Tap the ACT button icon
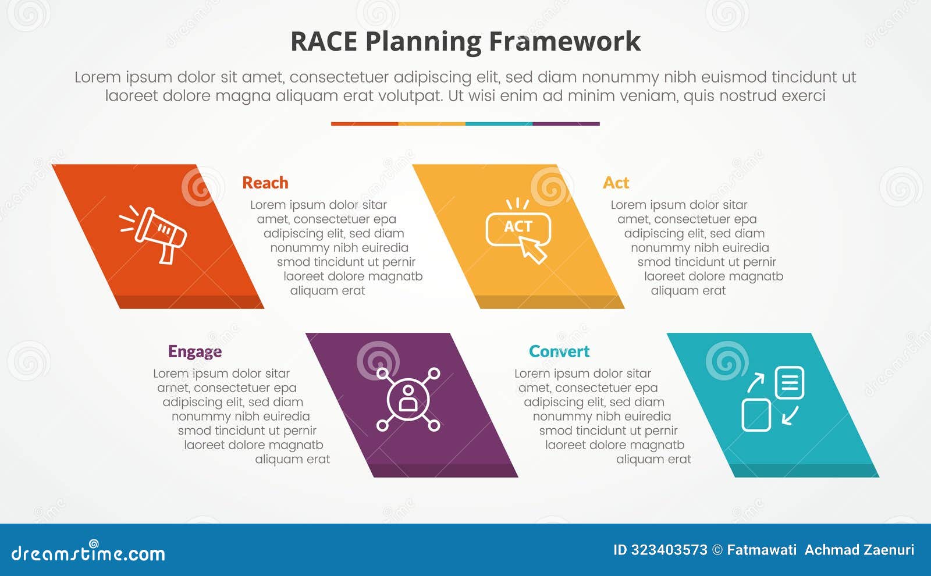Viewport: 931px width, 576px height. pos(517,229)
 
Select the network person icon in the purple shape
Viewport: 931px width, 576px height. pos(408,399)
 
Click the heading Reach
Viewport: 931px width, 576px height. pos(265,183)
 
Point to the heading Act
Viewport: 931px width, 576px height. pos(616,183)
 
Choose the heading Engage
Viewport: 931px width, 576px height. pos(194,351)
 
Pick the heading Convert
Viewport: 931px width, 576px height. pos(559,351)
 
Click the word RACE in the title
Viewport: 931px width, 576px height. pos(323,42)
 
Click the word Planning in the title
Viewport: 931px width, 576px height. pos(423,42)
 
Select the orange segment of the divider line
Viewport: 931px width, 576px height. pos(364,124)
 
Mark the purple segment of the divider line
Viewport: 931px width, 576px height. pos(566,124)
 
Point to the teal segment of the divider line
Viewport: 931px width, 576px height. pos(499,124)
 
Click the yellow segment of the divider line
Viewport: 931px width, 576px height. pos(432,124)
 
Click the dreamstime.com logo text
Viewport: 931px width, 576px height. pos(88,553)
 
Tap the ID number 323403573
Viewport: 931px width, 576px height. pos(669,550)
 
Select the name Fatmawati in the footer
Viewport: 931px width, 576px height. pos(762,550)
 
